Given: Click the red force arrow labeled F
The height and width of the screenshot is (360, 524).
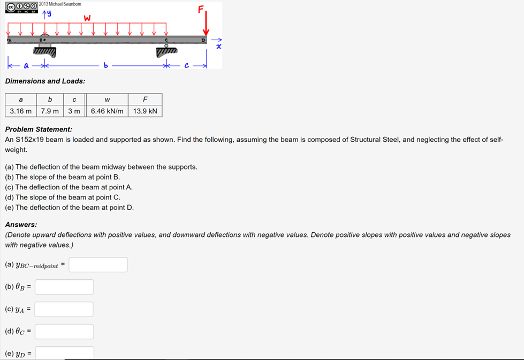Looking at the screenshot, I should pos(207,24).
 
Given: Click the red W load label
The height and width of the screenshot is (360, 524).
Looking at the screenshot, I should pos(87,18).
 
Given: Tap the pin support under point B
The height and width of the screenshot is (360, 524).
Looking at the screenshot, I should pos(45,50).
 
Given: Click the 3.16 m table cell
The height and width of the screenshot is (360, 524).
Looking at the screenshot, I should pos(21,111).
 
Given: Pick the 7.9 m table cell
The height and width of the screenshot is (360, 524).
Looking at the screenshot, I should pos(50,111).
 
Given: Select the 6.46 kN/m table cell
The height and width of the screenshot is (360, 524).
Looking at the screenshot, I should pos(107,111).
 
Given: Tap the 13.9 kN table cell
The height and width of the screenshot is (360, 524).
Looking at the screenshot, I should pos(145,111).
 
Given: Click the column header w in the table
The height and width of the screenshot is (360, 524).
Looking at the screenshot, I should pos(107,99).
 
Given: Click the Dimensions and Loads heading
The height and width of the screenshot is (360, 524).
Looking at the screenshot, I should pos(45,81).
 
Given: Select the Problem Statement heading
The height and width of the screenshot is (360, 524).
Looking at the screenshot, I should pos(39,129).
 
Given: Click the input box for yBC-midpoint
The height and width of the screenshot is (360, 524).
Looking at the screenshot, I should pos(98,265).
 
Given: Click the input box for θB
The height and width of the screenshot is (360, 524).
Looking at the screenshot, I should pos(64,287).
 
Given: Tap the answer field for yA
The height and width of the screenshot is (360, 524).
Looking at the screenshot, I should pos(64,309).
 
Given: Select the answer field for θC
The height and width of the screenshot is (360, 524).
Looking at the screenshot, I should pos(64,332).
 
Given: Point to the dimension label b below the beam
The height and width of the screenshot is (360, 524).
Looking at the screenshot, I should pos(106,66).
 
